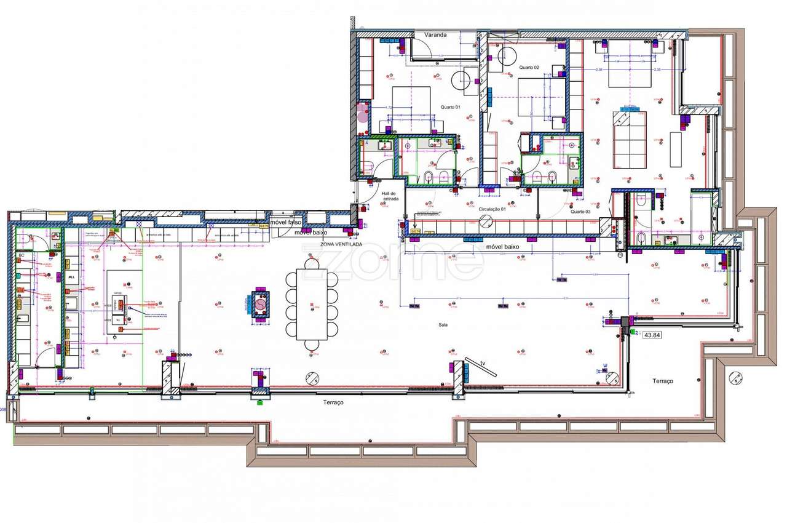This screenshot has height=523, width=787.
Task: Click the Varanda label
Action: pyautogui.click(x=435, y=35)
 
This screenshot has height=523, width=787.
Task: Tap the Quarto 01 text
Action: pyautogui.click(x=450, y=107)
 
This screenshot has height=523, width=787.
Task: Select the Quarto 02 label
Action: pyautogui.click(x=529, y=67)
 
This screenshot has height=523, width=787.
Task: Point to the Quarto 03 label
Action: pyautogui.click(x=580, y=211)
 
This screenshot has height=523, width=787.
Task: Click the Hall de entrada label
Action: pyautogui.click(x=390, y=195)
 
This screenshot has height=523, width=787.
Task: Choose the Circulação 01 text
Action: pyautogui.click(x=491, y=209)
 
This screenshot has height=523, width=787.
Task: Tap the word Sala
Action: pyautogui.click(x=443, y=324)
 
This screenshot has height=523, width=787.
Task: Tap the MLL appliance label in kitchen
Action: pyautogui.click(x=71, y=277)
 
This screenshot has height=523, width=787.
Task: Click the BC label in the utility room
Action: pyautogui.click(x=22, y=255)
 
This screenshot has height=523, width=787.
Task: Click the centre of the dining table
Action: pyautogui.click(x=312, y=304)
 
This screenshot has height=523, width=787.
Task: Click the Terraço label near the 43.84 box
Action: pyautogui.click(x=662, y=381)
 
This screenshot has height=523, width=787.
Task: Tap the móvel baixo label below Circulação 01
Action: pyautogui.click(x=503, y=247)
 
